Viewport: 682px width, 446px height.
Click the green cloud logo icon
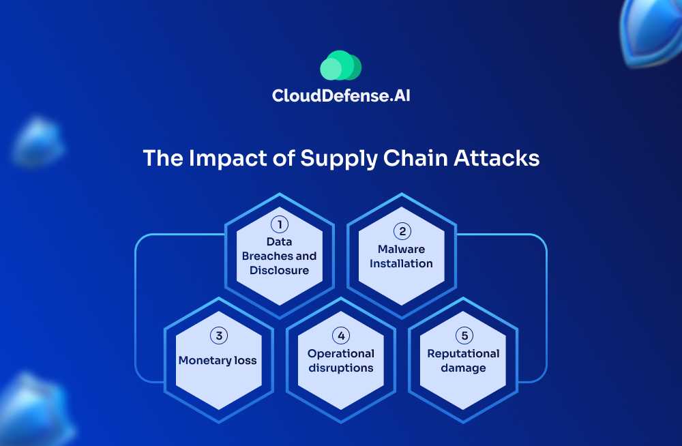pyautogui.click(x=340, y=66)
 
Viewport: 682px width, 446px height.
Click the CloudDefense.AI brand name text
pyautogui.click(x=341, y=95)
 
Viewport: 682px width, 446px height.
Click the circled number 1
pyautogui.click(x=279, y=224)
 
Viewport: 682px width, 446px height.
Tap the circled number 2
pyautogui.click(x=402, y=231)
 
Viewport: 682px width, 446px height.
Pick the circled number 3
pyautogui.click(x=218, y=335)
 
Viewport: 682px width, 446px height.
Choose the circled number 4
pyautogui.click(x=340, y=335)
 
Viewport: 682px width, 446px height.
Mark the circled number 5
pyautogui.click(x=463, y=335)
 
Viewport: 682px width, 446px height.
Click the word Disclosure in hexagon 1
pyautogui.click(x=279, y=270)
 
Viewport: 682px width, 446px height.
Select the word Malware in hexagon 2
pyautogui.click(x=402, y=249)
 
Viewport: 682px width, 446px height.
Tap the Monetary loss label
pyautogui.click(x=218, y=360)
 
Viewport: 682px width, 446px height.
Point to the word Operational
pyautogui.click(x=341, y=353)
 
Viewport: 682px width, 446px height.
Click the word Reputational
pyautogui.click(x=463, y=353)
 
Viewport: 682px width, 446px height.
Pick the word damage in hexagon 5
pyautogui.click(x=463, y=368)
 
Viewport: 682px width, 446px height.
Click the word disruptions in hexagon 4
pyautogui.click(x=341, y=368)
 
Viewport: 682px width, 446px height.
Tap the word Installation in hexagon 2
pyautogui.click(x=402, y=263)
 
